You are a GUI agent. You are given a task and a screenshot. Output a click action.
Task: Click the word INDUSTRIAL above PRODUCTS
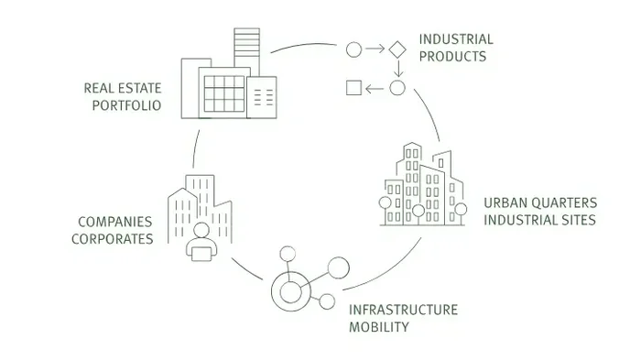(456, 39)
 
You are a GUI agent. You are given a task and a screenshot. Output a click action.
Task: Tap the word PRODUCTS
(452, 57)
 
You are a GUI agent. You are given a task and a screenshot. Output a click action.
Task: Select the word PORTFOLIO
(126, 105)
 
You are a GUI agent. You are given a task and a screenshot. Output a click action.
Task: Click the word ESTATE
(139, 88)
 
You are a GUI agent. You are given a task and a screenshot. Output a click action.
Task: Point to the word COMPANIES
(114, 222)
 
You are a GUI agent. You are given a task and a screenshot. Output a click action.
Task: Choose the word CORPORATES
(113, 239)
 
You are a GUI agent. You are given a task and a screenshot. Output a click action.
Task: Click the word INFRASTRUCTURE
(403, 311)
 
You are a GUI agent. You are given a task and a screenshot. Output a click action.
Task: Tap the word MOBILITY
(379, 327)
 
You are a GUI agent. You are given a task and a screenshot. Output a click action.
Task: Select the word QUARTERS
(565, 203)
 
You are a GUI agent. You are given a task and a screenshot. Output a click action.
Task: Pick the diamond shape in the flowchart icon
(397, 49)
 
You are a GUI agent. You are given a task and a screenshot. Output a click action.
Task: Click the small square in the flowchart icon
(353, 88)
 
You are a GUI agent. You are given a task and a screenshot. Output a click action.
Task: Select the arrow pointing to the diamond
(375, 49)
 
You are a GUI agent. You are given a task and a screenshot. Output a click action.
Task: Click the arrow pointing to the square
(375, 88)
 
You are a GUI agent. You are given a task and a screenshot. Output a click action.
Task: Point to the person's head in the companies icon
(201, 230)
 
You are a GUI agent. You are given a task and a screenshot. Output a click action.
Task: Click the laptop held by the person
(201, 254)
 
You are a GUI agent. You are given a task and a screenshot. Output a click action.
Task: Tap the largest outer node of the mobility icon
(339, 267)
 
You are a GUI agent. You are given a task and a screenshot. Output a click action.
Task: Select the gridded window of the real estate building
(224, 93)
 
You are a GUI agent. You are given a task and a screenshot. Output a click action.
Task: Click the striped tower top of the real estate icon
(247, 42)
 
